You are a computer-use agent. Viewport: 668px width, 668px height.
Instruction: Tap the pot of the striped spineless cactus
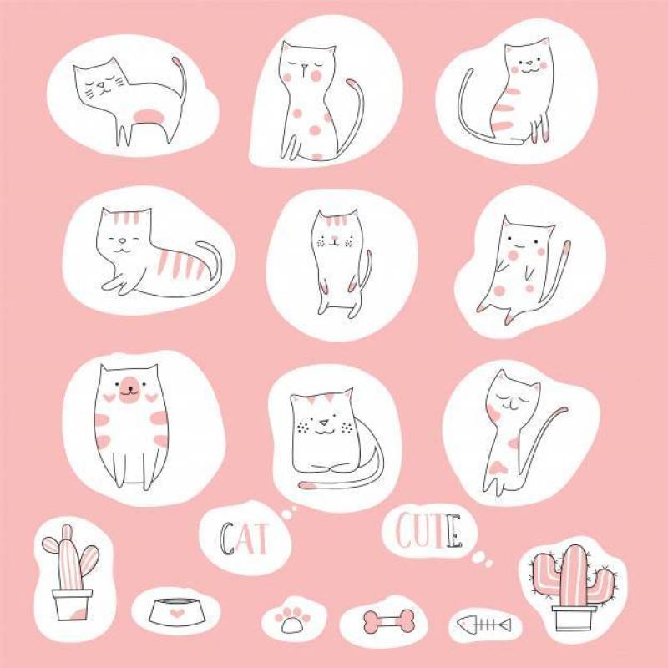tap(72, 603)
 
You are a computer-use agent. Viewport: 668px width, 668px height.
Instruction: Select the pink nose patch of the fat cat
tap(128, 389)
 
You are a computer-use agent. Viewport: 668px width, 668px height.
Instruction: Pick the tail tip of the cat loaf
tap(307, 484)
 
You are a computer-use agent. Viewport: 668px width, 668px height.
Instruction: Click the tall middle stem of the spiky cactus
tap(573, 575)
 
